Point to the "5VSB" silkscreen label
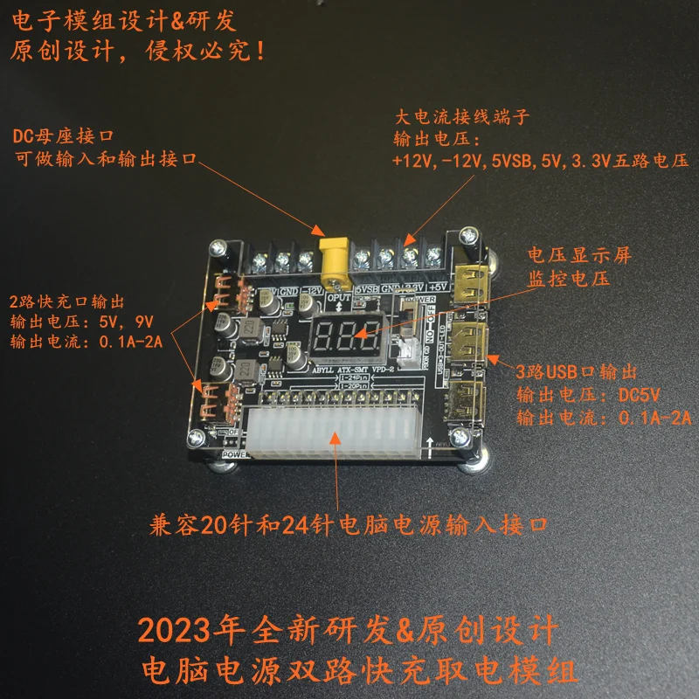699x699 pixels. tap(366, 287)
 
